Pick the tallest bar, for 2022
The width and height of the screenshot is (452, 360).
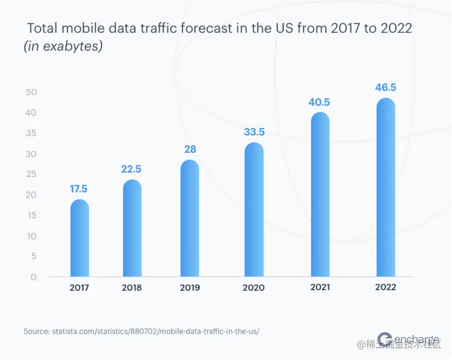385,188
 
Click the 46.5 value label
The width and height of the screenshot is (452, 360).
385,88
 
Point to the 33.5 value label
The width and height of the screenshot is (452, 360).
254,132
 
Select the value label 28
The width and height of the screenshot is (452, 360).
190,149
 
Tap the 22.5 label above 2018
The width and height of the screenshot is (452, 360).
132,169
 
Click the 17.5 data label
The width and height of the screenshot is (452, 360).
79,189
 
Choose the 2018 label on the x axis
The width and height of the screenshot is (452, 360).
132,288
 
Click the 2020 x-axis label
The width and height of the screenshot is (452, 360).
254,288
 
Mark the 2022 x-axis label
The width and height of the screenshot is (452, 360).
385,287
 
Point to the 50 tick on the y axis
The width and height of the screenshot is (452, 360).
31,92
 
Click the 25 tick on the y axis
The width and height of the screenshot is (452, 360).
31,174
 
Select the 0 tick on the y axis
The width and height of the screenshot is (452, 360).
34,277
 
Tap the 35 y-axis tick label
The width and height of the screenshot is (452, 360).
31,133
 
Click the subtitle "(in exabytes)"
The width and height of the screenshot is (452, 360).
63,47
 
